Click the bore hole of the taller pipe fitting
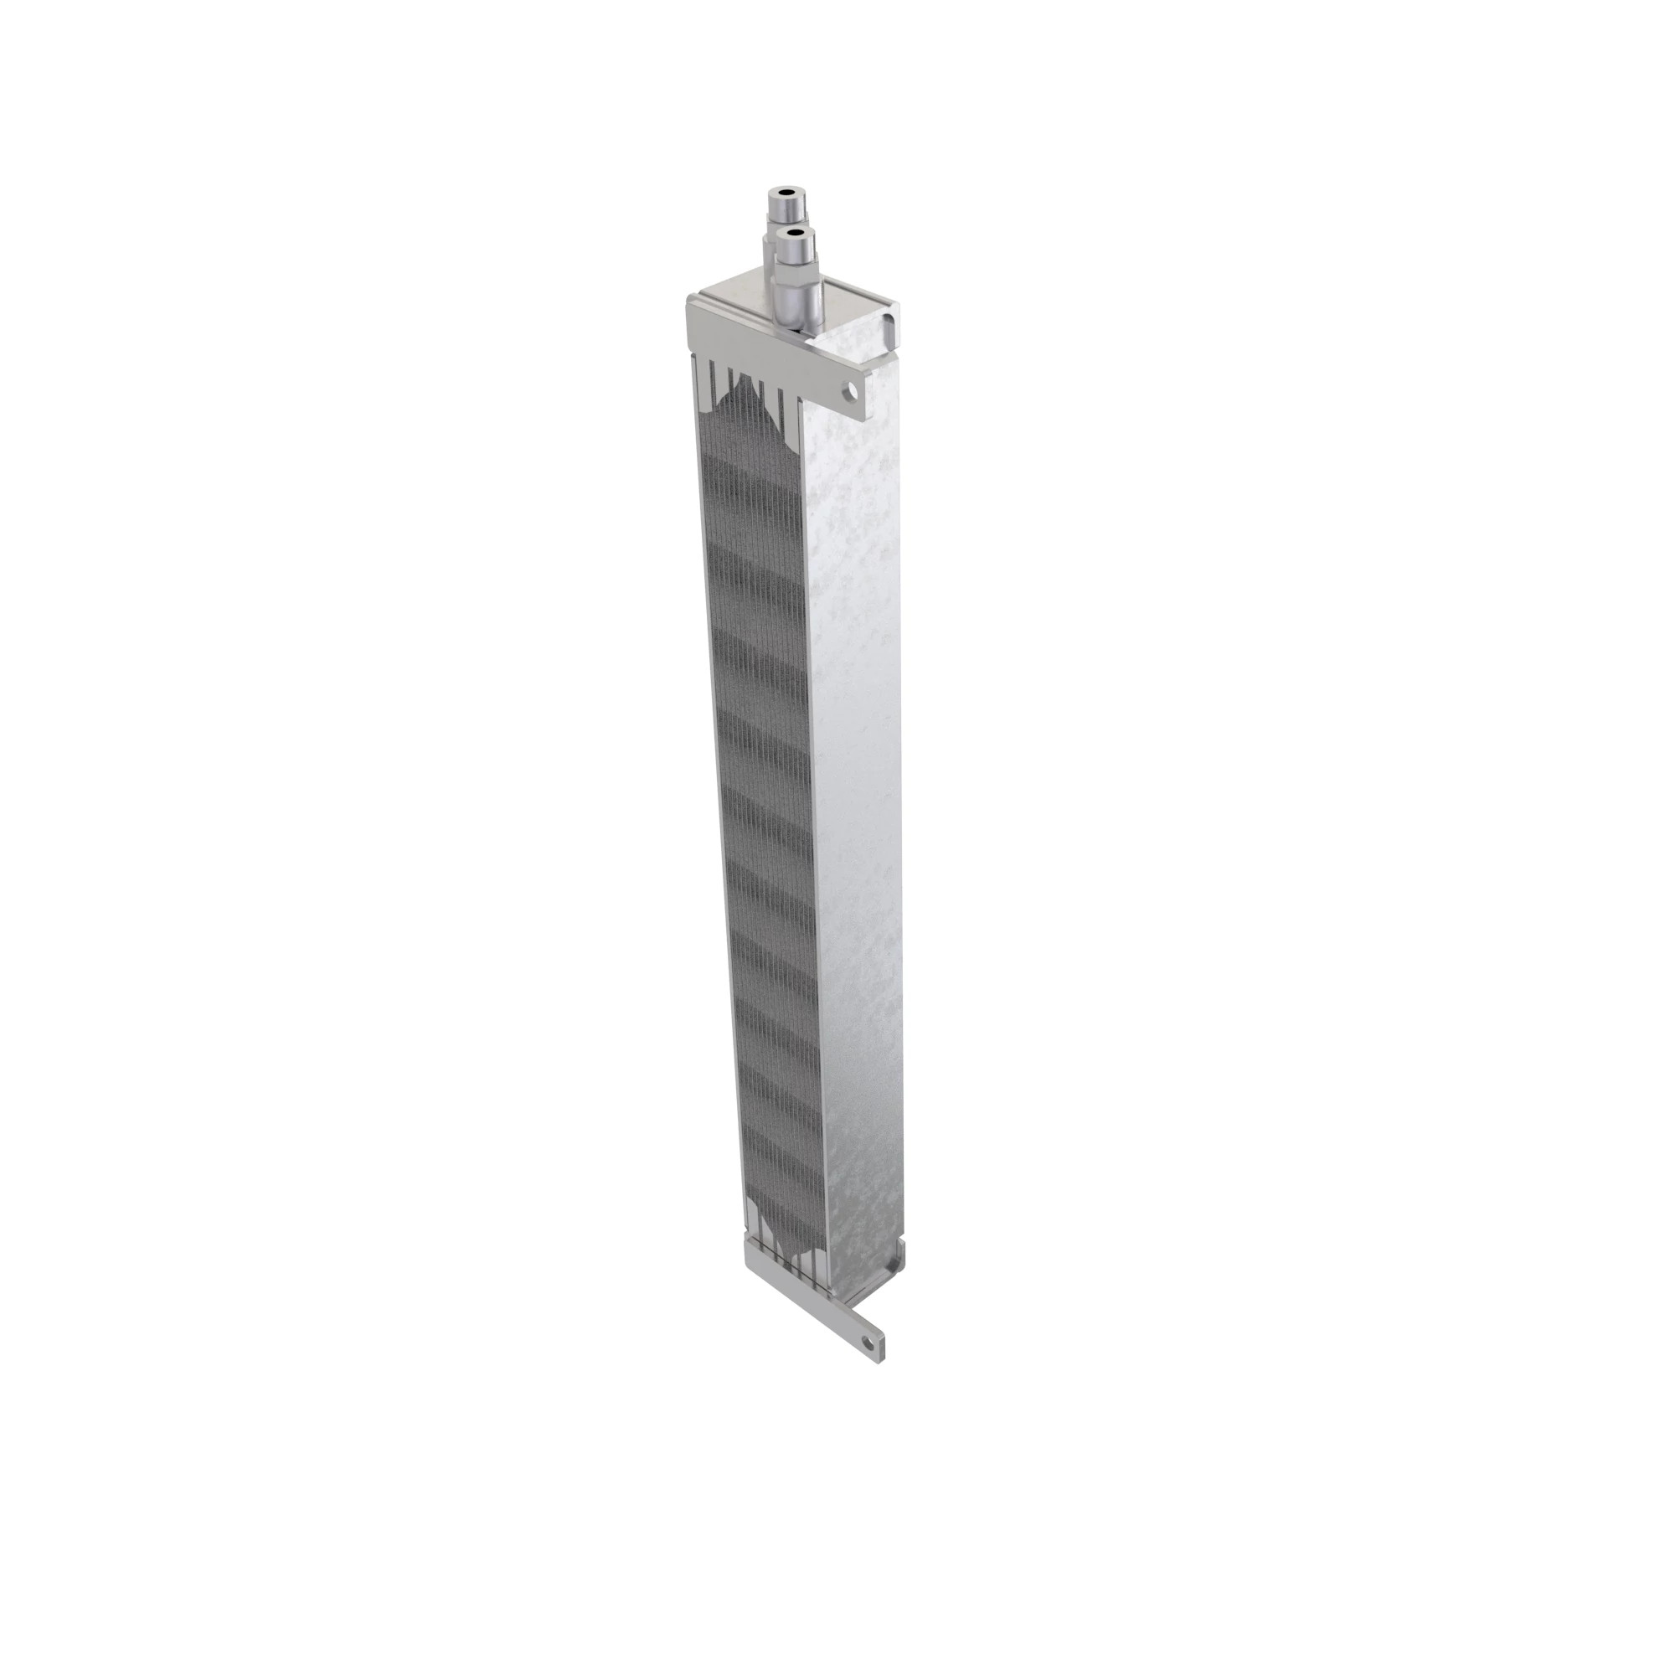(787, 193)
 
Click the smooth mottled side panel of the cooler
(858, 781)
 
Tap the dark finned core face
(763, 781)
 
